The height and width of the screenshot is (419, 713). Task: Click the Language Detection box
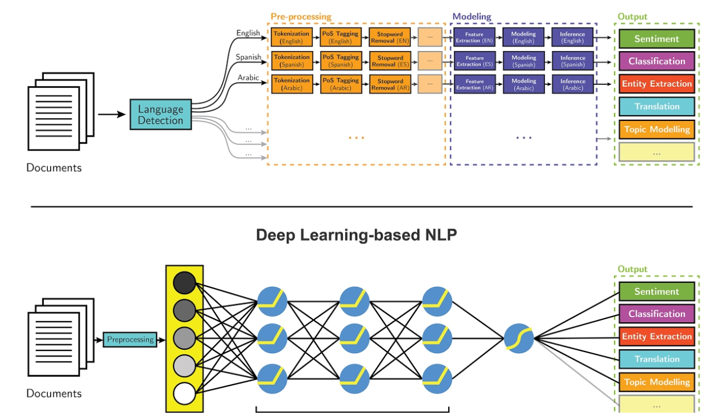161,114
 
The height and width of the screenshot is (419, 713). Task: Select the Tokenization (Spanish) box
292,61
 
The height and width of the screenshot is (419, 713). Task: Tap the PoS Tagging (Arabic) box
341,84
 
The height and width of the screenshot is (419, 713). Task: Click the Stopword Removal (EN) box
390,37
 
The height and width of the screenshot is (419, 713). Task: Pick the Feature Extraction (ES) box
475,61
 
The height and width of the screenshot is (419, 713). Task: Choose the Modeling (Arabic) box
524,84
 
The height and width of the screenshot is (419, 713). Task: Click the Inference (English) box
572,37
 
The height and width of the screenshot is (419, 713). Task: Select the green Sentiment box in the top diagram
657,38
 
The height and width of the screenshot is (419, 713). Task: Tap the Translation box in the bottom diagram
657,359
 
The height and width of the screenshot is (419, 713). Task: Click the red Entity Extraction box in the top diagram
657,84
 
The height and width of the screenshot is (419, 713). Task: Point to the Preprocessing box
130,339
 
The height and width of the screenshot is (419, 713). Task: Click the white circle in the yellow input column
184,394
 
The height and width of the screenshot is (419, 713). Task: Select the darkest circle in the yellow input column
184,283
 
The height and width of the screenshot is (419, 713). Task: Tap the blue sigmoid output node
519,339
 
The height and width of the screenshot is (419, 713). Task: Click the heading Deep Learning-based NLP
356,235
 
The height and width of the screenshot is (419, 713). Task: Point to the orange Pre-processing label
301,16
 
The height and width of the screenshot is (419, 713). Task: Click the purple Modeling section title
472,16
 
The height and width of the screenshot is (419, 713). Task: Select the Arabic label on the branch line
249,78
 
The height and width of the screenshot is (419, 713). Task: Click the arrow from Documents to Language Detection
112,114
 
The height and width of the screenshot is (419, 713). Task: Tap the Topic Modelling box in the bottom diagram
657,382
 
